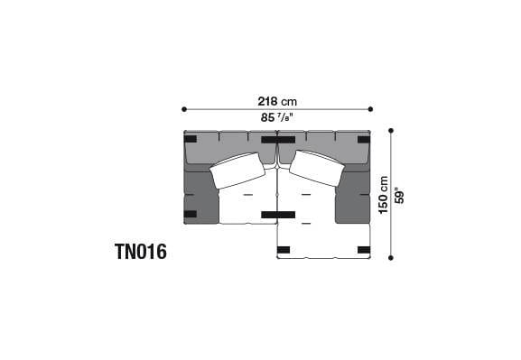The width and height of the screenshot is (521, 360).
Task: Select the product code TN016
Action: pyautogui.click(x=140, y=252)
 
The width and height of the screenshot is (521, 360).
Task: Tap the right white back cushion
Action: pyautogui.click(x=316, y=168)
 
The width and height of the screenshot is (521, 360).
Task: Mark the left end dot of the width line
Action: pyautogui.click(x=184, y=109)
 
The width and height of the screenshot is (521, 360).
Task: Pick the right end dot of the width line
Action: pyautogui.click(x=369, y=109)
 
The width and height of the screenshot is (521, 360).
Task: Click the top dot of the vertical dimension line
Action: pyautogui.click(x=390, y=130)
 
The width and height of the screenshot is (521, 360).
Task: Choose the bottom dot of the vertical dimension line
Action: pyautogui.click(x=390, y=258)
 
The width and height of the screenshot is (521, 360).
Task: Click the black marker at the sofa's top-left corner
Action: pyautogui.click(x=190, y=139)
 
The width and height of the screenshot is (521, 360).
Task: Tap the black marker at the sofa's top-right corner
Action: pyautogui.click(x=363, y=139)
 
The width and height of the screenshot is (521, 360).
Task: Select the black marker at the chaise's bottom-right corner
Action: pyautogui.click(x=363, y=249)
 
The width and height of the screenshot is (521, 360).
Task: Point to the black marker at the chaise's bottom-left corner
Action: pyautogui.click(x=284, y=249)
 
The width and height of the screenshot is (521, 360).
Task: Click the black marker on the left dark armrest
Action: pyautogui.click(x=190, y=214)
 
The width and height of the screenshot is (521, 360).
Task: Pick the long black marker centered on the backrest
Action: pyautogui.click(x=275, y=140)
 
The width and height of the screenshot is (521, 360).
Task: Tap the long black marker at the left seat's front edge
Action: pyautogui.click(x=277, y=215)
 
